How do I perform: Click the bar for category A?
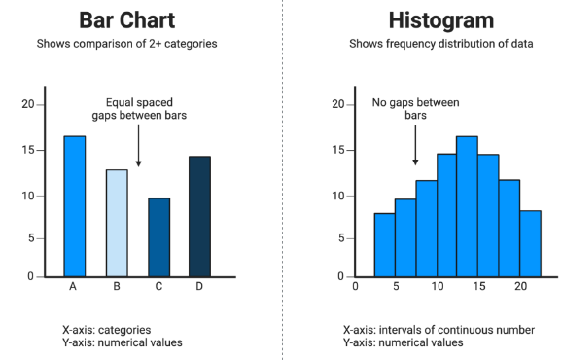[75, 206]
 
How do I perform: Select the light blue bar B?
[117, 223]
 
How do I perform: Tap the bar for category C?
[159, 237]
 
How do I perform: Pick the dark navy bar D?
[199, 216]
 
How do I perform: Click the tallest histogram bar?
[467, 206]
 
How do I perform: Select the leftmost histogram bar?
[385, 245]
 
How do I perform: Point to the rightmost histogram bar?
[531, 244]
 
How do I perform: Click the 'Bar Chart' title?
[126, 20]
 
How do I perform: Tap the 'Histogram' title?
[441, 20]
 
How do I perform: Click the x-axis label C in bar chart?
[158, 286]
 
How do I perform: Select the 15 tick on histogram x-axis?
[478, 286]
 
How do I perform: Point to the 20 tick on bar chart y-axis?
[28, 104]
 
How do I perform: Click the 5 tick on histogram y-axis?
[341, 238]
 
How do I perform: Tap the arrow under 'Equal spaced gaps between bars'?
[138, 146]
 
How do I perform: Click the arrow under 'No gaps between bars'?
[415, 145]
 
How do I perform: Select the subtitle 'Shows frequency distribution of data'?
[441, 44]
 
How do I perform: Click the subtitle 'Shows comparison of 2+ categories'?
[126, 44]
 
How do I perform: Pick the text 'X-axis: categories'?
[106, 330]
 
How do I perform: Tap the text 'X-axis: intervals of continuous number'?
[439, 330]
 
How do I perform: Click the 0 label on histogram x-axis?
[355, 286]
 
